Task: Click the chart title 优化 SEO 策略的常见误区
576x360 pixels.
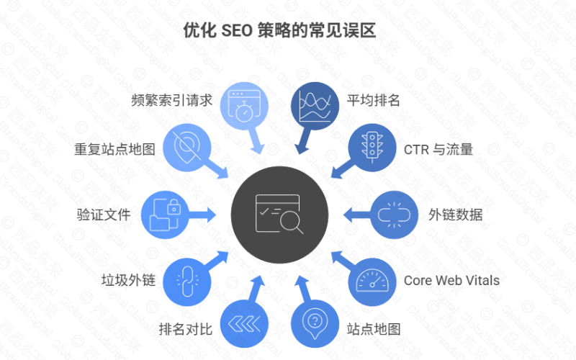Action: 288,32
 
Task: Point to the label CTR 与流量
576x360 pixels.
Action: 437,150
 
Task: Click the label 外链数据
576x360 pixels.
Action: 456,215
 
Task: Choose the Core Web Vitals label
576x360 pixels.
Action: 451,280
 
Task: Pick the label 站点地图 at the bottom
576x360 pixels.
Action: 374,330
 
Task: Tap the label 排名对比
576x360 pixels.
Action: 186,330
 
